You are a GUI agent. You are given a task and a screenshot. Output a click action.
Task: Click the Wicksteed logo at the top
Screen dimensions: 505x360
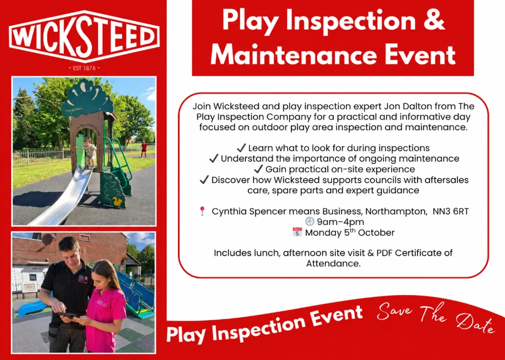(x=84, y=36)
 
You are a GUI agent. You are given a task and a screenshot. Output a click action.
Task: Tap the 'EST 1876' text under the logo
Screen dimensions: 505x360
(x=84, y=68)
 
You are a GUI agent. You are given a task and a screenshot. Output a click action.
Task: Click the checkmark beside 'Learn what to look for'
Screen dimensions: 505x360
(x=241, y=148)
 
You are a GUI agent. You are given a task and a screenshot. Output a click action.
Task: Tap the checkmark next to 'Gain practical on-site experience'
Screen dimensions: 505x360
(x=258, y=169)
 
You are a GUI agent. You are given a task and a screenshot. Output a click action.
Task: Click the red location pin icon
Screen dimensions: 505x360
(x=202, y=211)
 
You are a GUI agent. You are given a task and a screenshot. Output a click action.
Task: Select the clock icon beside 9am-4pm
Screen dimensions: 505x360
(x=310, y=221)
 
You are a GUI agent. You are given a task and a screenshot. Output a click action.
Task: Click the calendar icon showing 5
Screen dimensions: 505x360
(x=297, y=232)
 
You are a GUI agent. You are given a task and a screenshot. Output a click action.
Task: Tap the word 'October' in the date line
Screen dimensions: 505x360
(x=376, y=233)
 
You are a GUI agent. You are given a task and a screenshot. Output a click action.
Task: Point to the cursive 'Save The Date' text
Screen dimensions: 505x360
(x=435, y=318)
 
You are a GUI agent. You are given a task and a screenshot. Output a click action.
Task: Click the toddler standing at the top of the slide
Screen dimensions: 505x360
(x=89, y=153)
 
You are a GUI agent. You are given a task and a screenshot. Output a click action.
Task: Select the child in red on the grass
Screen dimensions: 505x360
(x=144, y=149)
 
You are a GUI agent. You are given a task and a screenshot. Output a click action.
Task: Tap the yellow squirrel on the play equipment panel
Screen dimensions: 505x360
(x=117, y=202)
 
